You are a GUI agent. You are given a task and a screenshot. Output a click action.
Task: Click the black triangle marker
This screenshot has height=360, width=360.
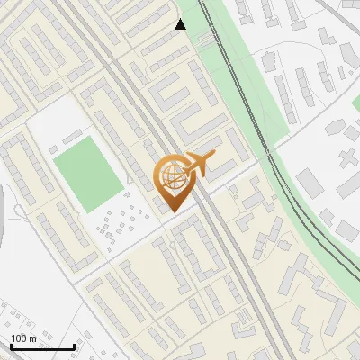click(181, 25)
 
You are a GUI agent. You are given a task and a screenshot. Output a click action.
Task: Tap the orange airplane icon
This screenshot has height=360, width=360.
click(199, 164)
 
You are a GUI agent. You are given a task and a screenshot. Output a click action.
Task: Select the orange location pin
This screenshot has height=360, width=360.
click(172, 181)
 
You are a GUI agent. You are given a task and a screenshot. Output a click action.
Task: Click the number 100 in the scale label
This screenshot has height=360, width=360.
click(19, 338)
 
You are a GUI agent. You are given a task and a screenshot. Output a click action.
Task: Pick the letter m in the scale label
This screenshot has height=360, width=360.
click(31, 338)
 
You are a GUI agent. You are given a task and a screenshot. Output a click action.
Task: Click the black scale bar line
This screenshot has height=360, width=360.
click(42, 347)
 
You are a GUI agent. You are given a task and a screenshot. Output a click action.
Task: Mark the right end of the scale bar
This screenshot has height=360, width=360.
click(74, 346)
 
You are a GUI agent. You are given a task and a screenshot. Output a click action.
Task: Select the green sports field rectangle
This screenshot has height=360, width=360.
click(86, 172)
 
